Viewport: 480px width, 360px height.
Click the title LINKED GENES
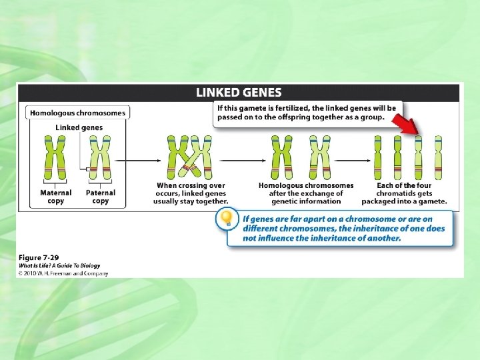click(239, 93)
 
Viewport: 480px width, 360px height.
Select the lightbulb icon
click(228, 218)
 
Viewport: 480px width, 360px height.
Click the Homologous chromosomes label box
click(78, 113)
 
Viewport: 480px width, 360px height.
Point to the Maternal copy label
click(56, 197)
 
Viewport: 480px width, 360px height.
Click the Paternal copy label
click(101, 197)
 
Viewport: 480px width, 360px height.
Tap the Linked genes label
click(78, 127)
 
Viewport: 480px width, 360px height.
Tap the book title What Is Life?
click(39, 265)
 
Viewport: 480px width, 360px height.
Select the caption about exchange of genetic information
click(306, 193)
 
